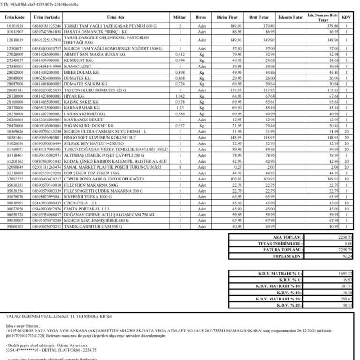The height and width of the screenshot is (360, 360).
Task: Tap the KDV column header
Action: [x=347, y=17]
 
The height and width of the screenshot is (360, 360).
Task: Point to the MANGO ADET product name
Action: [x=78, y=67]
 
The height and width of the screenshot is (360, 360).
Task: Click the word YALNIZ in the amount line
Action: [x=13, y=317]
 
